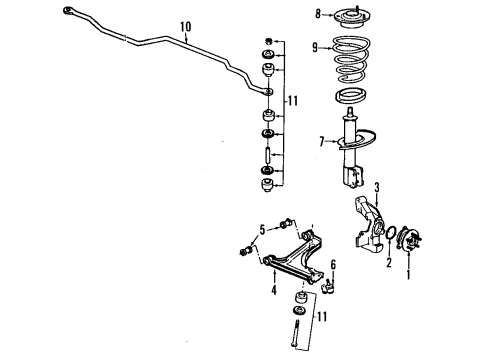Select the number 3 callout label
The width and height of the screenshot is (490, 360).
click(x=376, y=187)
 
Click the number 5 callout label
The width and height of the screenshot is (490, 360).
click(x=261, y=230)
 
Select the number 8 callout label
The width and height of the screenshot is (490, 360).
click(x=319, y=14)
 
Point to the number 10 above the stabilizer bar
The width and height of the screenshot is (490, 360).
click(x=184, y=27)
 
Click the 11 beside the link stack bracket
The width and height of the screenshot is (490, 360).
click(x=291, y=101)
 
